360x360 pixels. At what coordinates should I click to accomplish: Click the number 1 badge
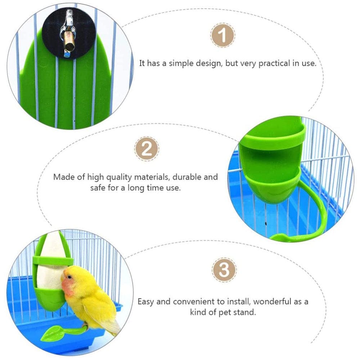click(x=223, y=36)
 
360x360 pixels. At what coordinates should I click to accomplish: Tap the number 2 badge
click(x=147, y=149)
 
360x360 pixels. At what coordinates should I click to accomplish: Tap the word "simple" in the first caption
click(x=172, y=63)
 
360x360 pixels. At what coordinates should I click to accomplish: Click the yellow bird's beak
click(x=63, y=278)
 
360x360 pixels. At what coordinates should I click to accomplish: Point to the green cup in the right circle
click(x=272, y=162)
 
